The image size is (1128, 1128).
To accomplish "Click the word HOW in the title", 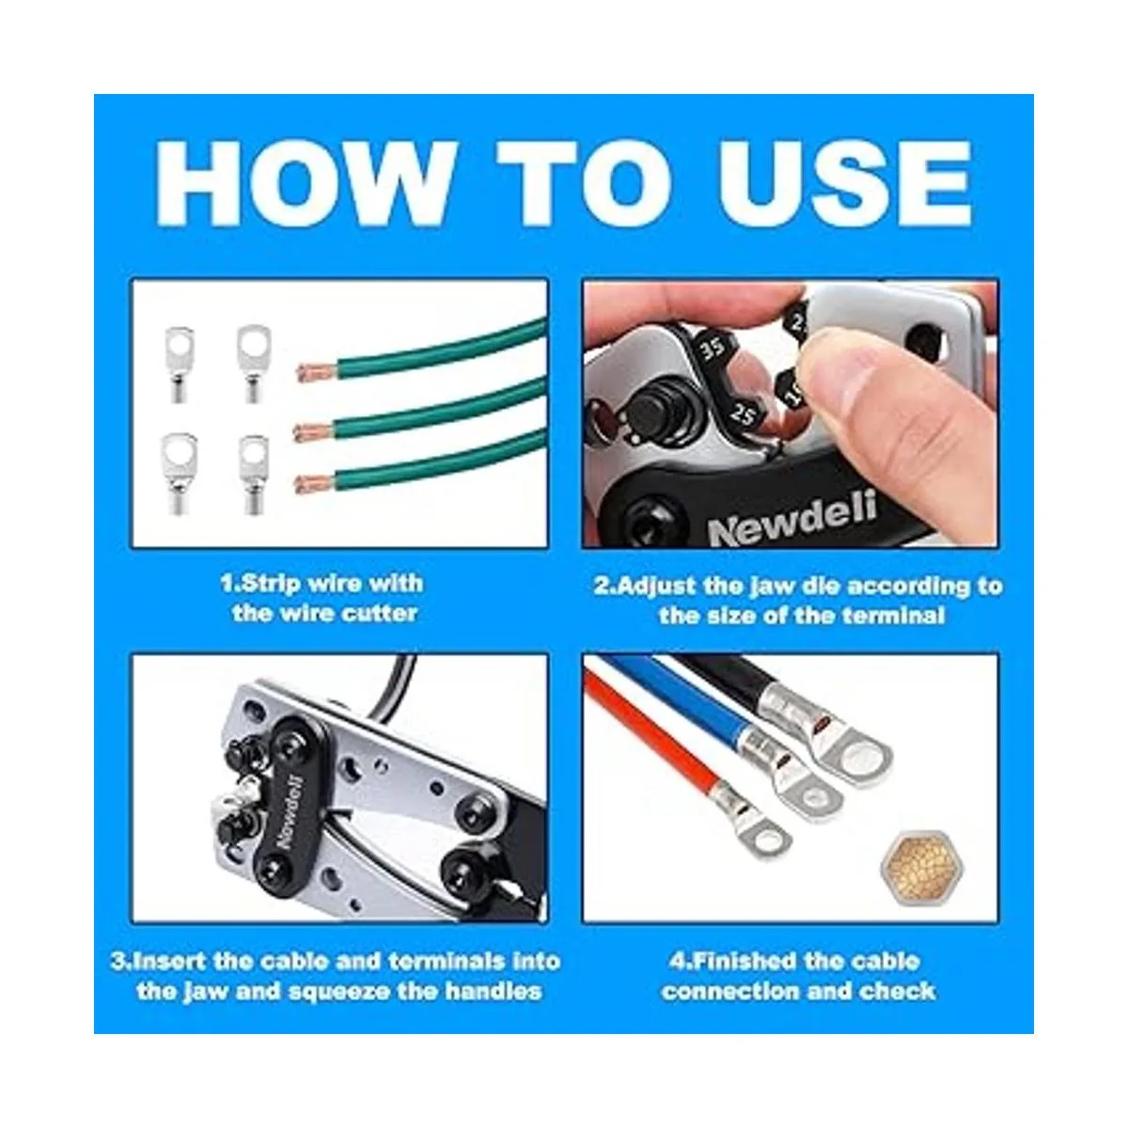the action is (x=305, y=183).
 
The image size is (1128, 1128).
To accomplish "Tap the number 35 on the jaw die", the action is (x=713, y=348).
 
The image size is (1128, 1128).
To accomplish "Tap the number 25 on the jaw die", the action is (x=743, y=415).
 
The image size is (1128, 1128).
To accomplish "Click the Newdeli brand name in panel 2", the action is (x=792, y=519).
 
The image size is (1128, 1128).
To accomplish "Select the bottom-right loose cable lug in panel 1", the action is (x=254, y=475).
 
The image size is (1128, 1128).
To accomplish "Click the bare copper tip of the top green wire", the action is (x=317, y=372).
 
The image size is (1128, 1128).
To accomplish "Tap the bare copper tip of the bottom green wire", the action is (x=315, y=484).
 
